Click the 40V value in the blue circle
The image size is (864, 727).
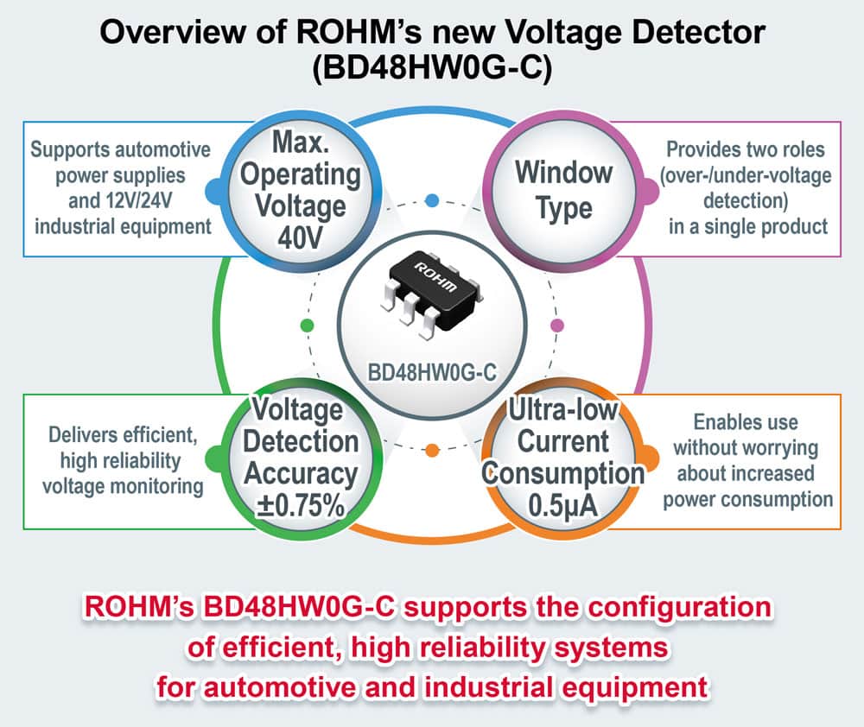pos(300,238)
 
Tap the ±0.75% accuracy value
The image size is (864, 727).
pos(301,506)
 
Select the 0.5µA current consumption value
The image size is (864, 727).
pos(562,506)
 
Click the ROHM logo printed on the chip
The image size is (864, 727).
pos(435,277)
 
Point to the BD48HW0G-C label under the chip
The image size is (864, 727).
pos(432,372)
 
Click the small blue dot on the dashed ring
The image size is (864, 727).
pos(433,200)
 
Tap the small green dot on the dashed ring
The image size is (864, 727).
pos(307,325)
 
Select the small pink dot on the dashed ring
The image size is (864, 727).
pos(557,325)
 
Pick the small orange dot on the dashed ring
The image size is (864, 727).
pos(433,450)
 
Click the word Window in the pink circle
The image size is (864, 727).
pos(563,173)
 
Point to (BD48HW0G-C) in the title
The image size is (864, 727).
pos(432,68)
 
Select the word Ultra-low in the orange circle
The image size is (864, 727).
pos(562,410)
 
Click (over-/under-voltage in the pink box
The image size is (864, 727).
pos(746,175)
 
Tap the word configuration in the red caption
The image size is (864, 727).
pos(679,607)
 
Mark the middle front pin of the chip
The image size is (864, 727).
pos(410,309)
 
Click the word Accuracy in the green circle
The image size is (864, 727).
pos(301,474)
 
